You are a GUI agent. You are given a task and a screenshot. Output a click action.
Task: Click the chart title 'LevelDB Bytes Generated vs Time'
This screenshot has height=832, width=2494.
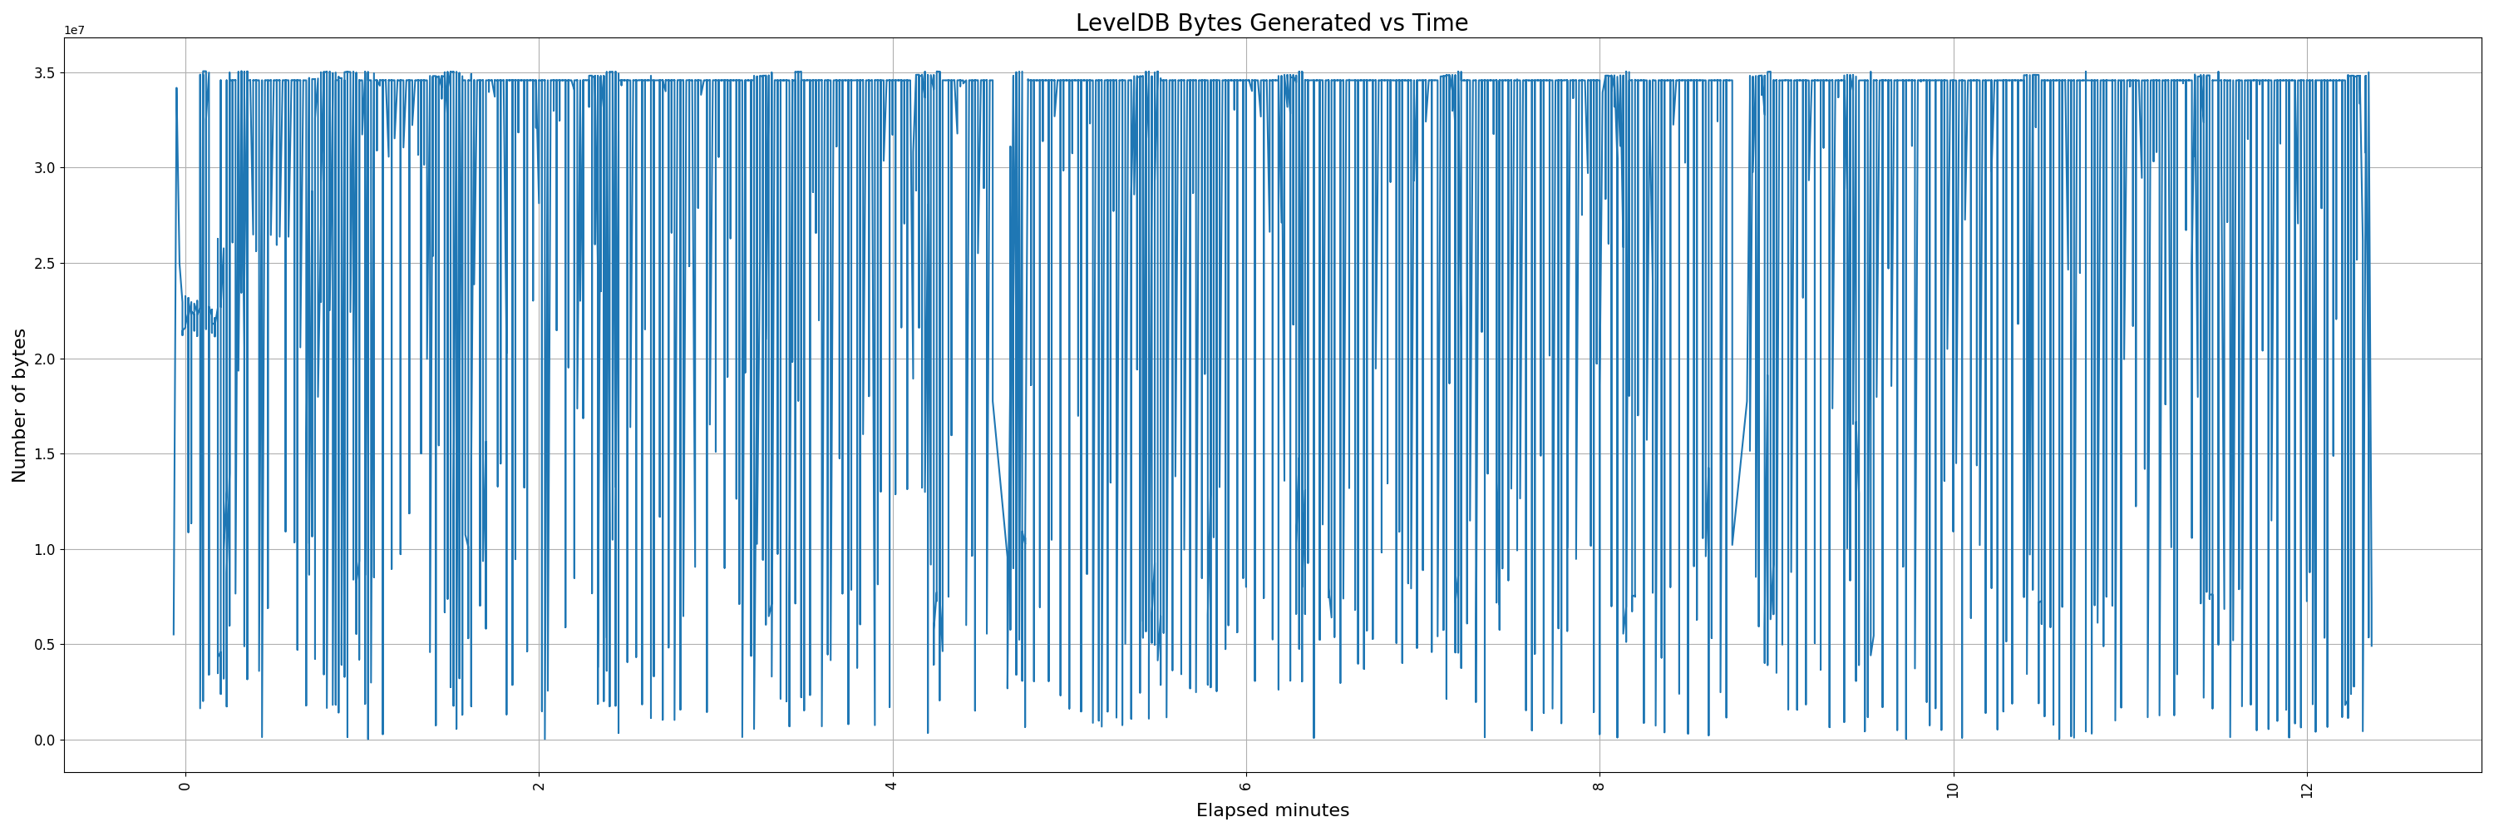[1271, 22]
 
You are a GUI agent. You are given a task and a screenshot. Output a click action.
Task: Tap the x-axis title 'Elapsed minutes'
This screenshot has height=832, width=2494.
[1272, 810]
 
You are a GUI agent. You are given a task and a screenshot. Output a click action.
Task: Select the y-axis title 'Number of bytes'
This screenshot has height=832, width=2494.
[19, 405]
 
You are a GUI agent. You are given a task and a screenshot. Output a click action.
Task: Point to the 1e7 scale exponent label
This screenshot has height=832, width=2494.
[75, 30]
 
